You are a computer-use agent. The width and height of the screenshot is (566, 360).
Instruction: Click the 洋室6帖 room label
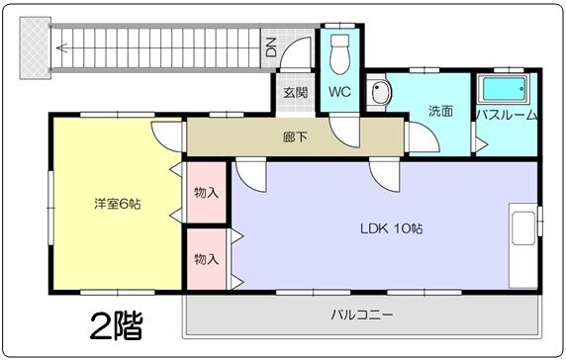[x=117, y=205]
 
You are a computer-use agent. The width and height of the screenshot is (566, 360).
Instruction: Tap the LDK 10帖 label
[x=391, y=228]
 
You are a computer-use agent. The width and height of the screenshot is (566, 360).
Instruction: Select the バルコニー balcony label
[x=361, y=315]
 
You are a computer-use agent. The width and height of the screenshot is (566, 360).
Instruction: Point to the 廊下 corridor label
[x=295, y=136]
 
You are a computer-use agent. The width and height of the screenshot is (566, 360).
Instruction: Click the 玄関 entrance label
[x=295, y=93]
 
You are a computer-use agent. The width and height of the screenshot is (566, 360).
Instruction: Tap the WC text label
[x=339, y=93]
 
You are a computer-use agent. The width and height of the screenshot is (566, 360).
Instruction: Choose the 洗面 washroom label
[x=440, y=111]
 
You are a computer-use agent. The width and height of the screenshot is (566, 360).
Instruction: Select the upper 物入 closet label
[x=207, y=192]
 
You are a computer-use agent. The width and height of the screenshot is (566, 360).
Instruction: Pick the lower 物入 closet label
[x=207, y=259]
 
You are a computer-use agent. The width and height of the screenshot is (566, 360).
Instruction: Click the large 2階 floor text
[x=115, y=323]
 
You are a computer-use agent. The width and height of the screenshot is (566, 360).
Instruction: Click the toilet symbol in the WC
[x=340, y=51]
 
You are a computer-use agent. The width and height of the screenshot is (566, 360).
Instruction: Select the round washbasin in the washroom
[x=380, y=95]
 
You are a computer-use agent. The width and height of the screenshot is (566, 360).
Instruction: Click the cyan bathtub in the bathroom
[x=506, y=90]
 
